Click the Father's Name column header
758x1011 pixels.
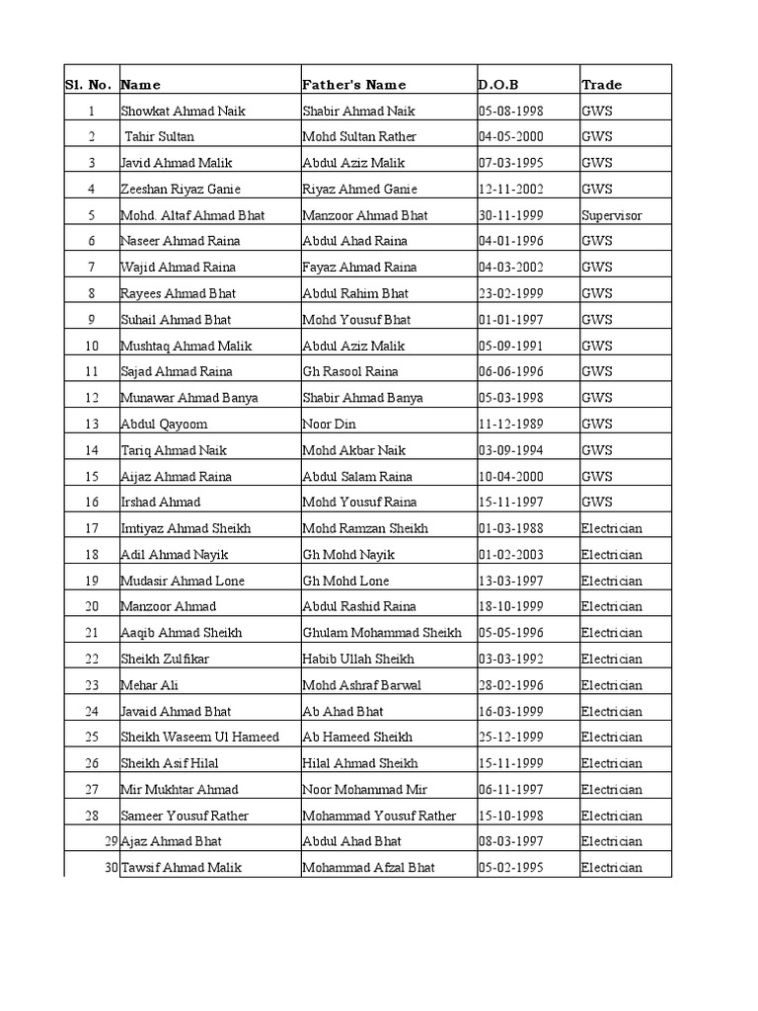click(354, 85)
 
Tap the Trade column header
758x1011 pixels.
click(601, 85)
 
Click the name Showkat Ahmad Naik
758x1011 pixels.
click(183, 111)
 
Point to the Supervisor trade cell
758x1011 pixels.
click(611, 215)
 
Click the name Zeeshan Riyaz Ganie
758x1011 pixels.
click(181, 189)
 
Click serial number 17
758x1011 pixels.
click(92, 528)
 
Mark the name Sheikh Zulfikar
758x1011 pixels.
click(165, 659)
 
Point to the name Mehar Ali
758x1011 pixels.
click(149, 685)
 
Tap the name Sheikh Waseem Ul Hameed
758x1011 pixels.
click(199, 737)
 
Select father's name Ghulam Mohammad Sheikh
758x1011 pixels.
click(381, 633)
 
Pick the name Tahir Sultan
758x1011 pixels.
click(160, 136)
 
